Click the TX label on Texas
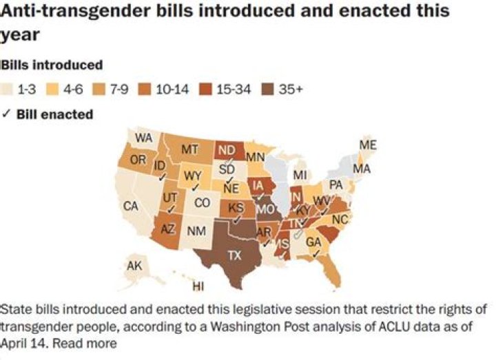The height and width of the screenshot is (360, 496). (235, 254)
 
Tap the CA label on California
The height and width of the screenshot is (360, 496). (131, 206)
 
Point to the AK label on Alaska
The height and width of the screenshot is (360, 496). (135, 265)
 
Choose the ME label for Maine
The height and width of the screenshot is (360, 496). (369, 145)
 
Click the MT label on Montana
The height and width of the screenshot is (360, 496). (190, 149)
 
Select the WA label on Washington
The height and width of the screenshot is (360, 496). (143, 138)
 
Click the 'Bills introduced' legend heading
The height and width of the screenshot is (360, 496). (52, 65)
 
